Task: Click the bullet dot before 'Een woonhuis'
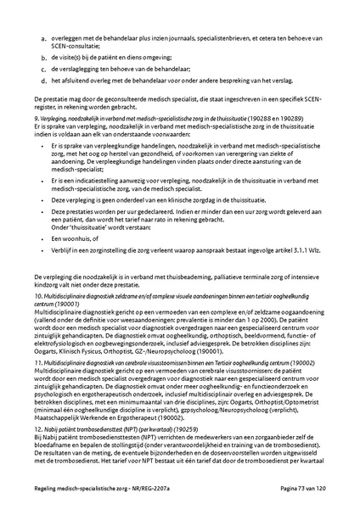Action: pyautogui.click(x=43, y=239)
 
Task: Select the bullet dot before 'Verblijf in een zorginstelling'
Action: pyautogui.click(x=43, y=251)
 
